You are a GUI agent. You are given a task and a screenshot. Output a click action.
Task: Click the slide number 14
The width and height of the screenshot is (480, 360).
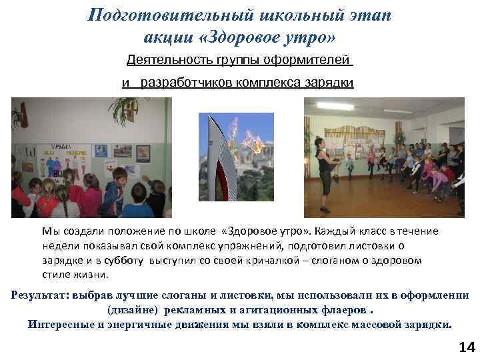(467, 347)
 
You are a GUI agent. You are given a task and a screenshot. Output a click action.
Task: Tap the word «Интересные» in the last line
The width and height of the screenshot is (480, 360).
(62, 325)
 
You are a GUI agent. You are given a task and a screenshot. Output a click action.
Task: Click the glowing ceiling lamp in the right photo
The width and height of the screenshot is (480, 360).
(335, 106)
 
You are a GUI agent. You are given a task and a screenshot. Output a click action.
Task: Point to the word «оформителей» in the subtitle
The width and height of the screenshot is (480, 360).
(311, 61)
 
